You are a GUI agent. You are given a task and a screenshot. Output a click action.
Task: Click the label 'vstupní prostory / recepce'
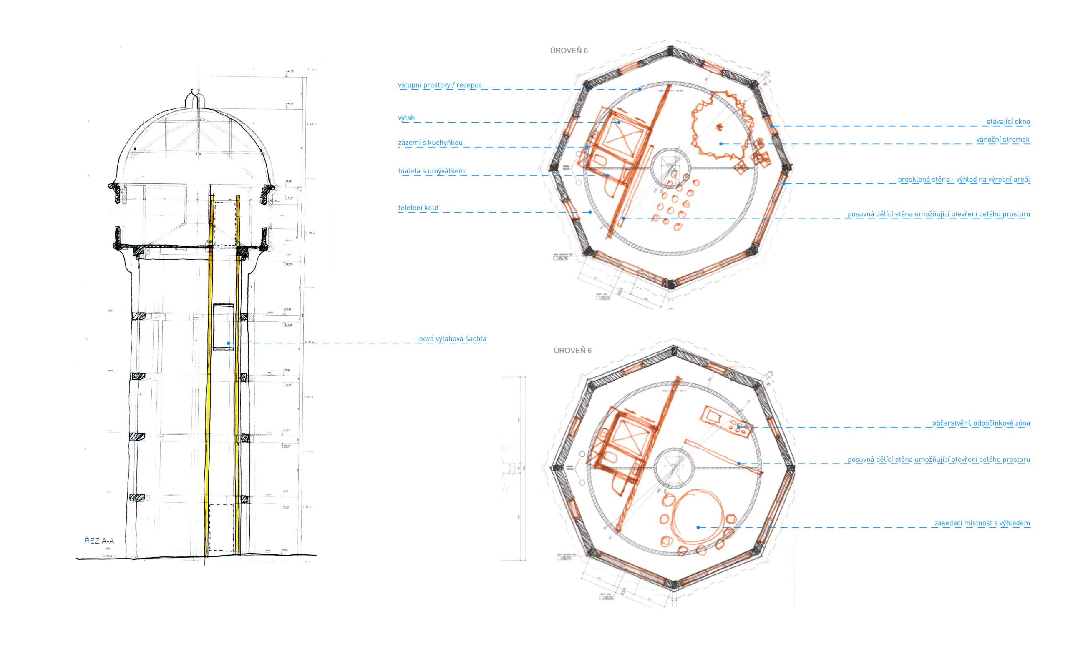tap(439, 85)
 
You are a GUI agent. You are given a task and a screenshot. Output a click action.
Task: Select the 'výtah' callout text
tap(406, 118)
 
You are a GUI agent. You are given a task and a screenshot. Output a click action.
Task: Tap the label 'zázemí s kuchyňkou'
tap(430, 143)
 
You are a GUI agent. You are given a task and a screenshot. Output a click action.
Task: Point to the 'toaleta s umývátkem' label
tap(431, 171)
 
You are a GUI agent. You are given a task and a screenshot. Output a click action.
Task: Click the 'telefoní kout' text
tap(418, 208)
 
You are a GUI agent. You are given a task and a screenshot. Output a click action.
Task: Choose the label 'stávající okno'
tap(1008, 122)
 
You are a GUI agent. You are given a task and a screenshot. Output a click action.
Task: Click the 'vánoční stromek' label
tap(1003, 140)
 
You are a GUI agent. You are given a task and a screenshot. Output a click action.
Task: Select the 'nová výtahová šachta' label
tap(452, 339)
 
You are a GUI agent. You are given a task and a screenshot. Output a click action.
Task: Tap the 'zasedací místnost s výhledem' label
tap(982, 523)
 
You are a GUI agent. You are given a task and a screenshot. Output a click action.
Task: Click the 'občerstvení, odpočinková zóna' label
tap(981, 423)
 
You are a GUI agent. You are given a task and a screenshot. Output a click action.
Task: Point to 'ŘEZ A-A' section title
tap(99, 541)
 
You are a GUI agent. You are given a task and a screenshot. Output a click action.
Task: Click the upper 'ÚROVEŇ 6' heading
tap(568, 51)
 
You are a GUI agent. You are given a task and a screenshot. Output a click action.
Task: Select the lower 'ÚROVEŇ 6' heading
tap(572, 351)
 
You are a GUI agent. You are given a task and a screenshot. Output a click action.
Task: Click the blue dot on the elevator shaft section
tap(229, 343)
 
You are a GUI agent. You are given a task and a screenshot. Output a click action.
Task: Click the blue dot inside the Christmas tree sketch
tap(721, 144)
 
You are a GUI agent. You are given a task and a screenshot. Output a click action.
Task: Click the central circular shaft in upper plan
tap(671, 168)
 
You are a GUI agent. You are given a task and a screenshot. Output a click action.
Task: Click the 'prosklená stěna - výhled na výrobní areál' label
tap(963, 180)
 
